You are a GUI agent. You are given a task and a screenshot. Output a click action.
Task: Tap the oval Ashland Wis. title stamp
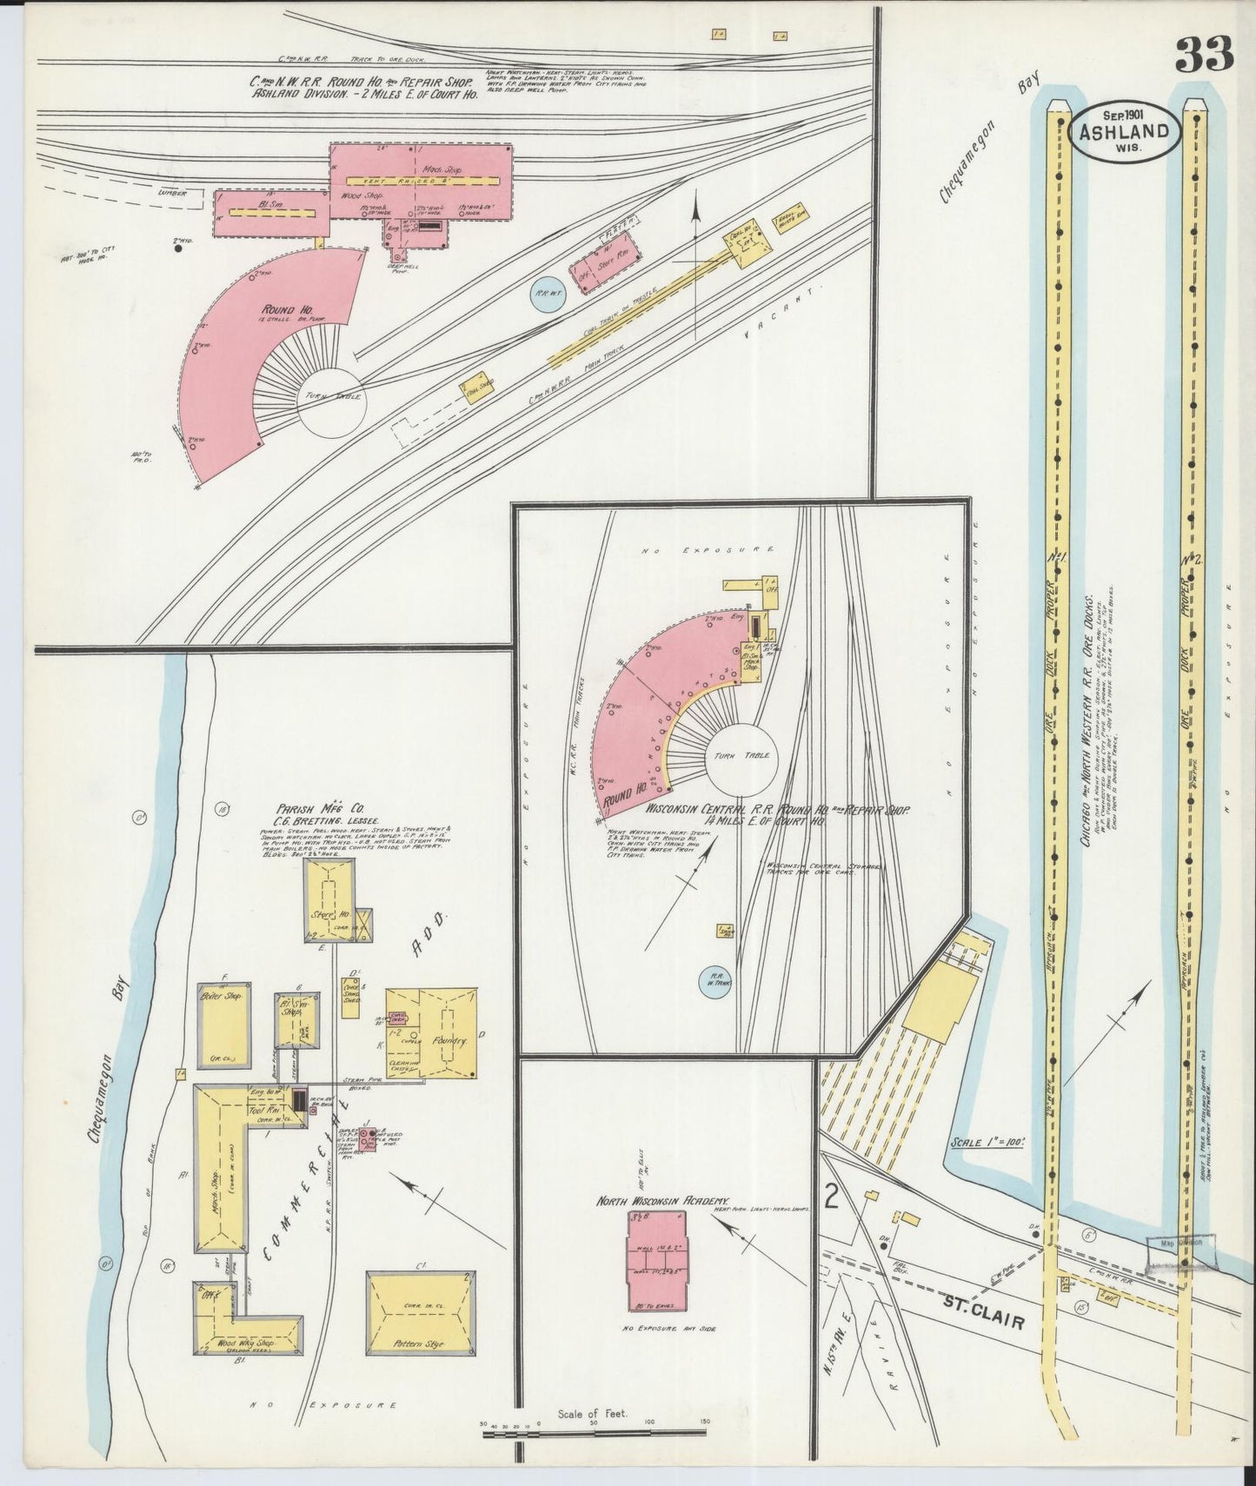[x=1124, y=132]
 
